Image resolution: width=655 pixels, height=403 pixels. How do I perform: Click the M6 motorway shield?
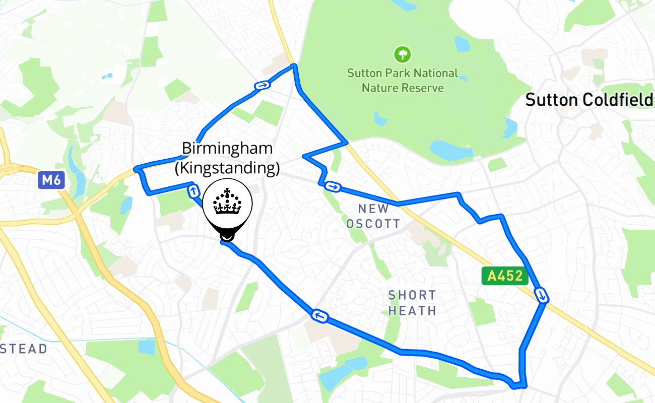point(51,180)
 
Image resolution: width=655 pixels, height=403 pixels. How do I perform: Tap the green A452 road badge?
point(505,276)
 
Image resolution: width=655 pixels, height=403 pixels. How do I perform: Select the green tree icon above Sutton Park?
point(403,54)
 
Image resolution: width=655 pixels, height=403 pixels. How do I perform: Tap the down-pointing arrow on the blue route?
point(542,295)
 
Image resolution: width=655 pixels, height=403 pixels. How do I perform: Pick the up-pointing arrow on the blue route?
point(193,191)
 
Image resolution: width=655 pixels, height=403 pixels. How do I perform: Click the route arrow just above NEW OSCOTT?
point(332,187)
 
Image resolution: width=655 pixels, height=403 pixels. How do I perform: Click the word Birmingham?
point(227,149)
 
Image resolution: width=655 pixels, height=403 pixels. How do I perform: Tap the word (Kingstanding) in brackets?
point(227,168)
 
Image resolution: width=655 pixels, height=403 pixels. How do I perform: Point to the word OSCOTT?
point(373,224)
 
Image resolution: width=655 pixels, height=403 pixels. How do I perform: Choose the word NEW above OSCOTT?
point(373,209)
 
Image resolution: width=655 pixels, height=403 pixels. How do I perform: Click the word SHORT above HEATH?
point(412,295)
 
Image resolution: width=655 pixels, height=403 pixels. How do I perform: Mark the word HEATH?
point(412,311)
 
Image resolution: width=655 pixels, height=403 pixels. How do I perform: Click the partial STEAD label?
point(24,349)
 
